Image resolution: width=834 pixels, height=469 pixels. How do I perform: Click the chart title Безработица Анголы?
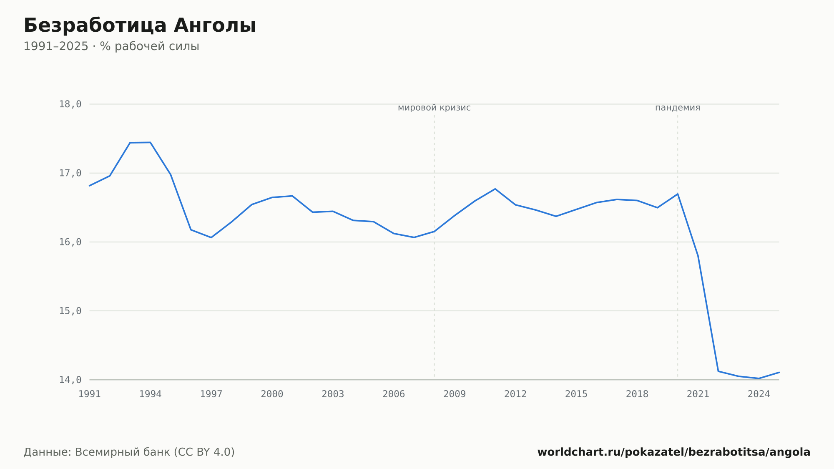pos(140,25)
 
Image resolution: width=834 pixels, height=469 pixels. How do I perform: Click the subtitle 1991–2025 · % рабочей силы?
pos(111,46)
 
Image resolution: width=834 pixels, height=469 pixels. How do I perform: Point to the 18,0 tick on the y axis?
pos(70,104)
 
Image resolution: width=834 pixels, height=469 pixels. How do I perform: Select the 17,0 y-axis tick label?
pos(70,173)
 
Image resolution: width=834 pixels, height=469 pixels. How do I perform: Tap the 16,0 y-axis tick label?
pos(70,242)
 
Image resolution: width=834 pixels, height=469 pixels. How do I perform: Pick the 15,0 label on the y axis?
pos(70,311)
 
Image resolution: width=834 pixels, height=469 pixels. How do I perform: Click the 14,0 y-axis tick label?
pos(70,380)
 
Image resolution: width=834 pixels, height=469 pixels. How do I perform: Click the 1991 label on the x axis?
pos(90,394)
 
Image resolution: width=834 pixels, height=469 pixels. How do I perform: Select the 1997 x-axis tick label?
pos(211,394)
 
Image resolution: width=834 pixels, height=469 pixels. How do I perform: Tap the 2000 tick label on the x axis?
pos(272,394)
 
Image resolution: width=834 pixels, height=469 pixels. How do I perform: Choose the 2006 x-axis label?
pos(394,394)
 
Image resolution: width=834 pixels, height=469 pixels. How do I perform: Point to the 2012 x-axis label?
pos(515,394)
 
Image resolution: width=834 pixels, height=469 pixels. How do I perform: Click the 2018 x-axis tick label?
pos(637,394)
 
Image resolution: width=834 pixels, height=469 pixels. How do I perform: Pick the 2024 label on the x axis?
pos(759,394)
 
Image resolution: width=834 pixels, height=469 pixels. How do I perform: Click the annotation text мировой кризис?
pos(434,108)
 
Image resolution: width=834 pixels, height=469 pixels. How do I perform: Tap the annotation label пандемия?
pos(678,108)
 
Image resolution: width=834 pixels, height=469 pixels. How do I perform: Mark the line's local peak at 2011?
pos(495,189)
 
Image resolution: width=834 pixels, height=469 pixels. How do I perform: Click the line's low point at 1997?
pos(211,237)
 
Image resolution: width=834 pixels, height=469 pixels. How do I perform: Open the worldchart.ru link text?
pos(674,452)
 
